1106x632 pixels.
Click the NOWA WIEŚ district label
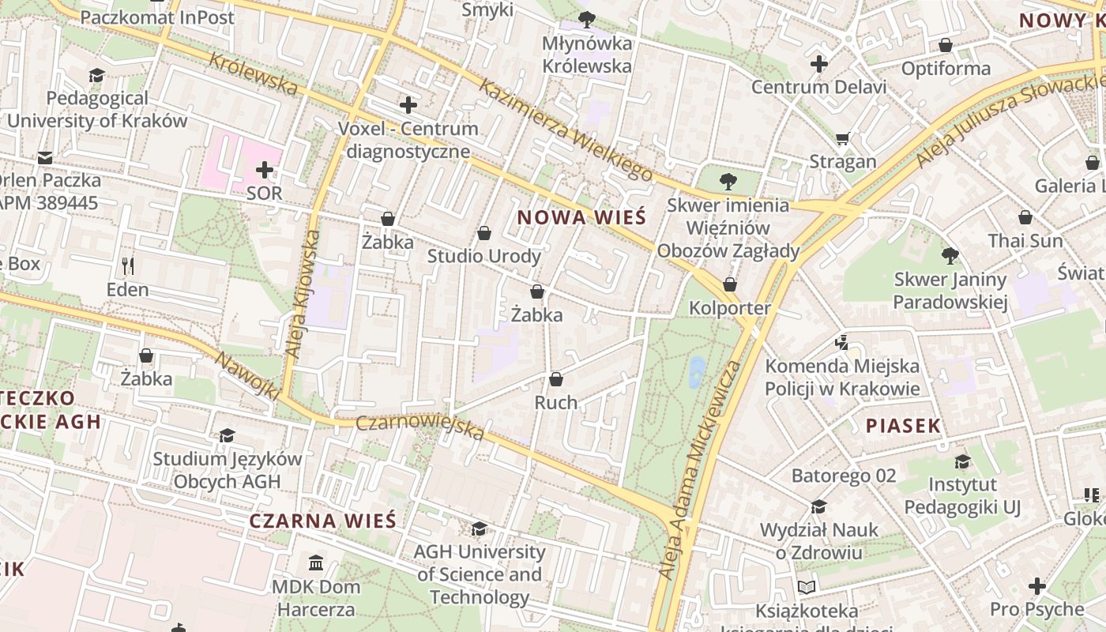(x=581, y=217)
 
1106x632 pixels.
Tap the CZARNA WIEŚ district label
(x=322, y=521)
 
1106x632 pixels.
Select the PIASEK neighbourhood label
(x=903, y=426)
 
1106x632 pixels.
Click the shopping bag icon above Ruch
(x=556, y=379)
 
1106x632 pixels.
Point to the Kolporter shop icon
(x=730, y=284)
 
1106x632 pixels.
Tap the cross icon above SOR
(x=265, y=169)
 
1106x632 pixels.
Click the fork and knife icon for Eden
(x=128, y=265)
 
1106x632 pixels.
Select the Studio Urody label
(x=484, y=256)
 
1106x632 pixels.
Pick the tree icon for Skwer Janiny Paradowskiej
(x=950, y=255)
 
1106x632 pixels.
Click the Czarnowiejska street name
(x=419, y=427)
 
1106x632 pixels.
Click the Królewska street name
(x=254, y=73)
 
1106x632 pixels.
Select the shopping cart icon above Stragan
(x=843, y=138)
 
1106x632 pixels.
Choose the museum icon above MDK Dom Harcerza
(x=316, y=563)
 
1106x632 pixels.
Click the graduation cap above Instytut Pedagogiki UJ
(x=962, y=461)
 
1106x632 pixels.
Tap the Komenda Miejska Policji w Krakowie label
(x=842, y=378)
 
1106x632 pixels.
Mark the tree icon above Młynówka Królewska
(x=586, y=19)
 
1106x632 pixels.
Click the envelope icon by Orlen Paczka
(x=45, y=158)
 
